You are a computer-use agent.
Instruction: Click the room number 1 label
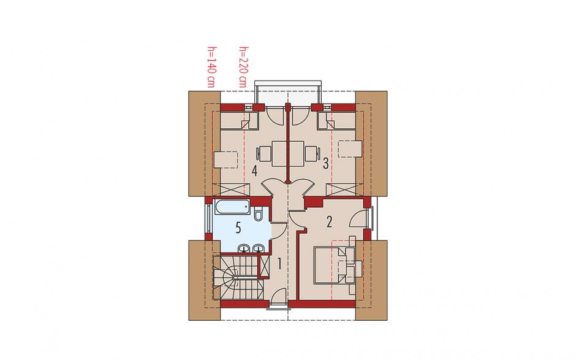(279, 264)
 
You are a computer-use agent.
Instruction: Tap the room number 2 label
(329, 222)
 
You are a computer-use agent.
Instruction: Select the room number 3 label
(325, 163)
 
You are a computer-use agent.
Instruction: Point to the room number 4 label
(254, 171)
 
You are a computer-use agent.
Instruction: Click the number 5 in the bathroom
(238, 228)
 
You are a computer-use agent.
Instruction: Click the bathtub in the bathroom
(232, 208)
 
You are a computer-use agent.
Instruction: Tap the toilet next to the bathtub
(257, 213)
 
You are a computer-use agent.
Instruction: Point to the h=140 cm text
(211, 67)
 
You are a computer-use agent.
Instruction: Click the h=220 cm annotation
(243, 67)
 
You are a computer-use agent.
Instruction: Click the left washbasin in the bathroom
(243, 249)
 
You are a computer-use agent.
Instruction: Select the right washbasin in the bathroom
(258, 249)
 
